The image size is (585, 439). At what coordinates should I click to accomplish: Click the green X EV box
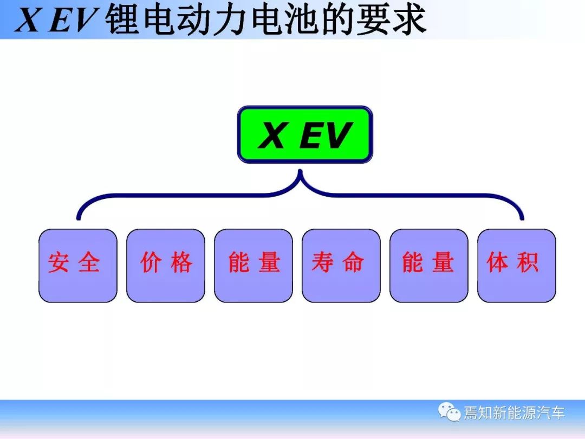(x=305, y=134)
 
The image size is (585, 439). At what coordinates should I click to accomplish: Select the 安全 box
(x=78, y=266)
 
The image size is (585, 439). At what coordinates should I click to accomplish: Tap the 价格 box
(x=166, y=266)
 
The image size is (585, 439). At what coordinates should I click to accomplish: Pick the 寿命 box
(x=341, y=266)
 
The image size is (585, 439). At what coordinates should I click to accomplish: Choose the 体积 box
(x=517, y=266)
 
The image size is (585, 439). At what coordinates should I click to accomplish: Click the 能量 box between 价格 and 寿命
(x=253, y=266)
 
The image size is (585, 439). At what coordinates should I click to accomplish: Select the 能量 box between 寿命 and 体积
(x=428, y=266)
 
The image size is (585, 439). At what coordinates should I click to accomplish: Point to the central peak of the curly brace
(x=300, y=171)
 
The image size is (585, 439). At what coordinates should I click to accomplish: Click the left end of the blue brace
(x=79, y=218)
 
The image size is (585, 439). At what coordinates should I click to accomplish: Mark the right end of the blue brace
(x=522, y=218)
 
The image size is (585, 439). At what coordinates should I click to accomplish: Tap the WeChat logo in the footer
(x=449, y=412)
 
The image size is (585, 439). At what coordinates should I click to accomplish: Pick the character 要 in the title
(x=374, y=20)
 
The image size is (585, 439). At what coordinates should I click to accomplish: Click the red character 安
(x=58, y=262)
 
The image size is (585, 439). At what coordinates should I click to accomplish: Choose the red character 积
(x=528, y=262)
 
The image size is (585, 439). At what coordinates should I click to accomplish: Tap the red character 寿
(x=323, y=262)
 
